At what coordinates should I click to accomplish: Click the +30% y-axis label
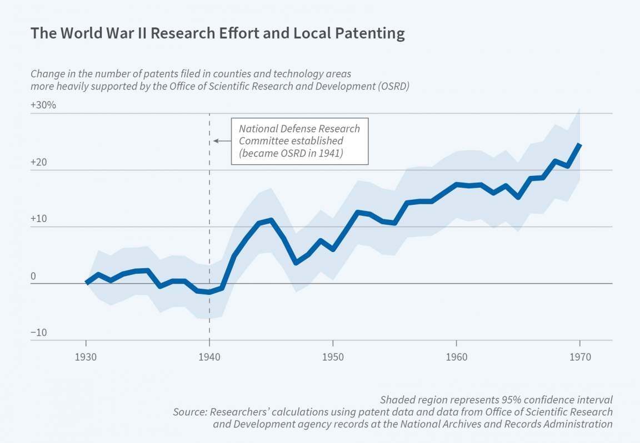(43, 105)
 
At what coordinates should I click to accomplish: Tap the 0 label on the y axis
(33, 276)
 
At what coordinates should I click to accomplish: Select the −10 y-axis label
(39, 333)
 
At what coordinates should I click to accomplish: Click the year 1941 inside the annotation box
(331, 154)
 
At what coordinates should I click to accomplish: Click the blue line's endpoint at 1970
(579, 145)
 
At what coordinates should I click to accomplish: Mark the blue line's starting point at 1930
(86, 283)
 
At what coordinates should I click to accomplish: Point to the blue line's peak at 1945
(271, 220)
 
